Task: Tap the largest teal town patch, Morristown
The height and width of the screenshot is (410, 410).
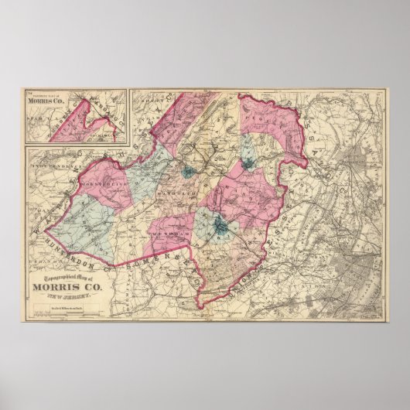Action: pos(220,225)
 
